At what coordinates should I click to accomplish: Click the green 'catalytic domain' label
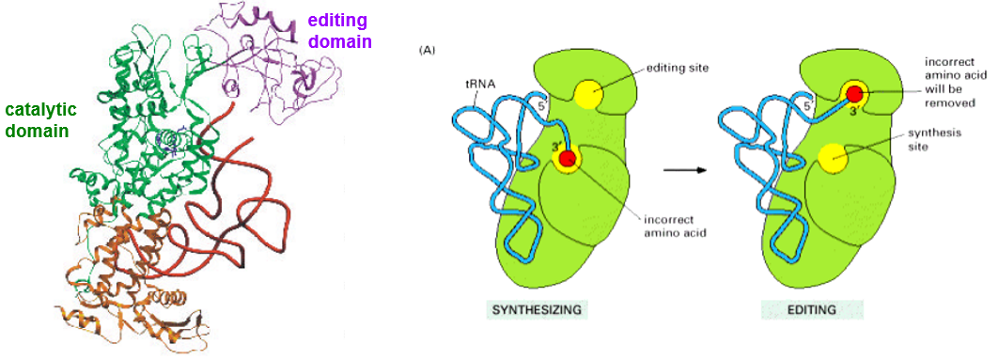37,120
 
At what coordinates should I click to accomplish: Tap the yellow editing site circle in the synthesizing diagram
589,95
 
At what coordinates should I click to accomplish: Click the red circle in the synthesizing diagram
567,159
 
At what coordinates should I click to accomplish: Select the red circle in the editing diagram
853,94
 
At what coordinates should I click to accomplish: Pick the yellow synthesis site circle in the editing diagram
831,160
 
